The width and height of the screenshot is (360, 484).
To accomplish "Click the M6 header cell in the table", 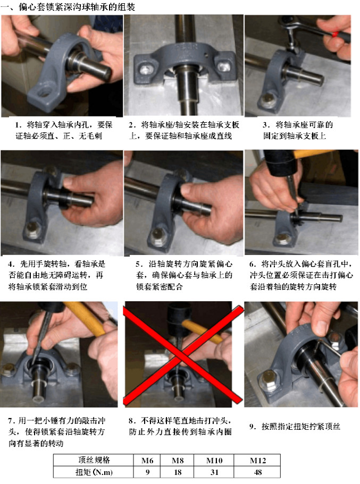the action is [x=147, y=460].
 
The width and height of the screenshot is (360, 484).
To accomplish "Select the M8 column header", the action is [x=178, y=460].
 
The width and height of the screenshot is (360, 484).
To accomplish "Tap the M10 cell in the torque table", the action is [x=214, y=460].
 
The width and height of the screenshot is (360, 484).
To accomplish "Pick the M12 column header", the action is [x=257, y=460].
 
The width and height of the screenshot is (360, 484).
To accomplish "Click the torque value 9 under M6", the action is [x=147, y=472].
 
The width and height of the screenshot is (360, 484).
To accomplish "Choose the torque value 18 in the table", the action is [x=178, y=472].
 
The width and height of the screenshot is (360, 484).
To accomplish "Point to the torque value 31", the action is [x=214, y=472].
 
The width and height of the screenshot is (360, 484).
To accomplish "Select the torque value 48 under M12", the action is [x=258, y=472].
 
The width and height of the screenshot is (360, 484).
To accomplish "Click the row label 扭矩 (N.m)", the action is [x=94, y=472].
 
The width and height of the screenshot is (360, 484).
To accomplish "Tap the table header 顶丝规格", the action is [x=94, y=460].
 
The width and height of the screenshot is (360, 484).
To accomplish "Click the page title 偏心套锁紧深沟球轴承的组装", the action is [x=77, y=6].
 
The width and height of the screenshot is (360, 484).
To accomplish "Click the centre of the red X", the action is [x=183, y=354].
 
